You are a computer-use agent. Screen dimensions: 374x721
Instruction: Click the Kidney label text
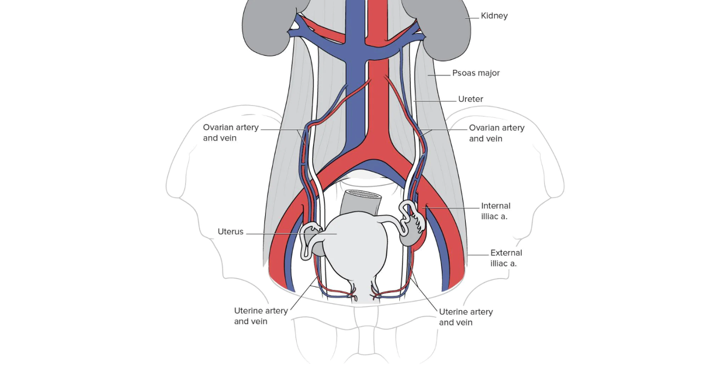click(494, 16)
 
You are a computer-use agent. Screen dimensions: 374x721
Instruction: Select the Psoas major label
click(476, 73)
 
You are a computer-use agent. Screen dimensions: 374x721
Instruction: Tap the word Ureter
click(471, 99)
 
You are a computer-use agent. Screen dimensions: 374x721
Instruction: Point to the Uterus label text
click(230, 232)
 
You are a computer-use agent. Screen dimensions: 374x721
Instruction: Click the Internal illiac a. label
click(496, 211)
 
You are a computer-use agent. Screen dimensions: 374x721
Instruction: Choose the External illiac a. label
click(506, 258)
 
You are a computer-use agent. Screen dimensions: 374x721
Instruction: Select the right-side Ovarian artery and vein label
click(496, 133)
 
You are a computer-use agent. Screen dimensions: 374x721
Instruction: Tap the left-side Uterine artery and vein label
click(261, 316)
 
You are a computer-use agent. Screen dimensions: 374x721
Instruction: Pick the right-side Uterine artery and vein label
click(466, 317)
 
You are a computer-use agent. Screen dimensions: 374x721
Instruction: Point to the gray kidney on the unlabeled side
click(267, 27)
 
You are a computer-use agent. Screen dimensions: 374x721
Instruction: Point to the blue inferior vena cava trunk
click(357, 98)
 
